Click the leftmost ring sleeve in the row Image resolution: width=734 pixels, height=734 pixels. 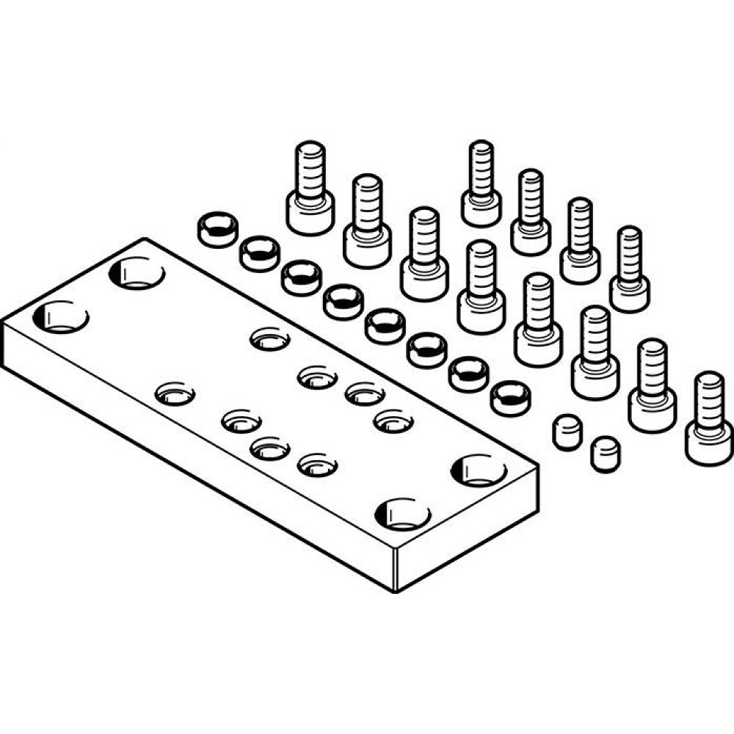[x=217, y=229]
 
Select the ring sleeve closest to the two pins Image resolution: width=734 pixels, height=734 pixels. [x=511, y=398]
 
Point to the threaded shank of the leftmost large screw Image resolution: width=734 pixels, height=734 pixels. [x=310, y=169]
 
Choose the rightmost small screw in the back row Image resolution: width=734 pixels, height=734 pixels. [x=629, y=270]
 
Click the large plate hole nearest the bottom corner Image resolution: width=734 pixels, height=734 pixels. [x=401, y=513]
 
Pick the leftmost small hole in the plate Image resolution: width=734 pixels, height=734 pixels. [x=175, y=393]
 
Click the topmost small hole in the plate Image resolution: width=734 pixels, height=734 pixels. [x=270, y=338]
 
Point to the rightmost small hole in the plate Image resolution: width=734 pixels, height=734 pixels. [x=393, y=421]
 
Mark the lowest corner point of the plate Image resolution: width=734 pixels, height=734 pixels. [x=396, y=592]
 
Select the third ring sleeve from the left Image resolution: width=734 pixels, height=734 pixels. [x=301, y=280]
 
